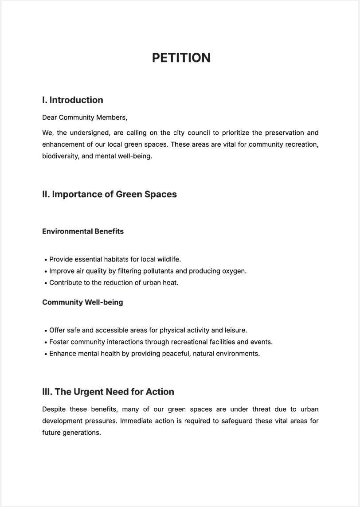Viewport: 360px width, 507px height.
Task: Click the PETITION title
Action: click(x=181, y=58)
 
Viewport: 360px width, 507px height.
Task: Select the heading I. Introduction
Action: click(x=72, y=100)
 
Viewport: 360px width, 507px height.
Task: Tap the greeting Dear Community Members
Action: click(x=84, y=117)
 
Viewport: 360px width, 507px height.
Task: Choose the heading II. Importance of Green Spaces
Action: click(x=109, y=194)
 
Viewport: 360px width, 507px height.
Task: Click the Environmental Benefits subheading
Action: click(x=82, y=231)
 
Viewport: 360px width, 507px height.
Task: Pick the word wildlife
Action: click(x=168, y=259)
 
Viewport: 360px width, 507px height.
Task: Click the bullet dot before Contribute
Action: click(x=46, y=283)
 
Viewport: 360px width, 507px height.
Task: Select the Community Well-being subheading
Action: click(x=82, y=302)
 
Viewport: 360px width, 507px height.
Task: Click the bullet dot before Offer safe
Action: click(x=46, y=331)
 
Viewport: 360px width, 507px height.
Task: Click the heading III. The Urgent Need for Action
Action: click(x=108, y=392)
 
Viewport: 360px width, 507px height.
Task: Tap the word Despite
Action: click(x=54, y=409)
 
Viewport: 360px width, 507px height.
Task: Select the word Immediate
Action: click(x=136, y=421)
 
